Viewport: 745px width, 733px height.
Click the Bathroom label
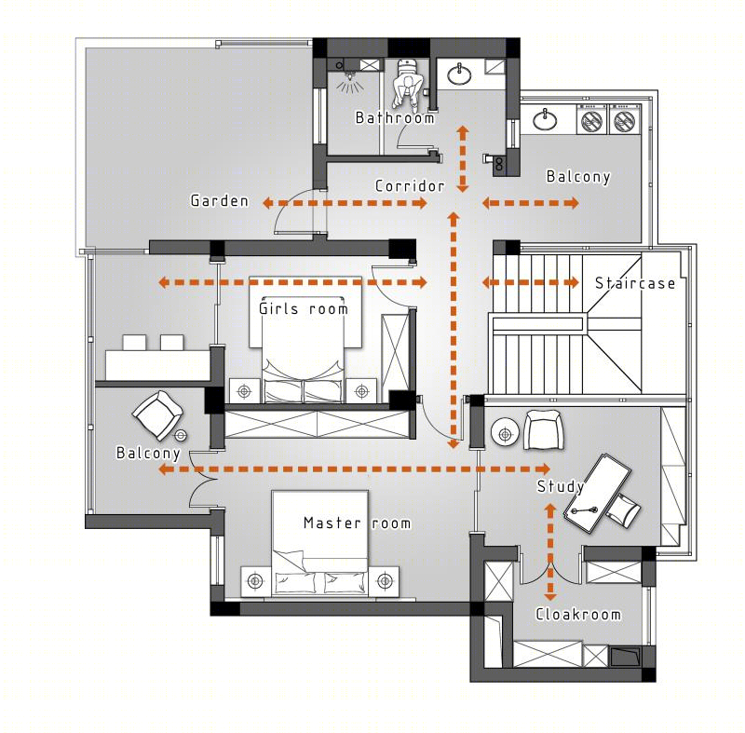pos(395,117)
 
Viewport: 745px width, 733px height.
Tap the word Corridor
pos(410,185)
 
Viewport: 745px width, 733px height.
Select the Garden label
pos(220,201)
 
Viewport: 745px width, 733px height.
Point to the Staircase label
pos(635,283)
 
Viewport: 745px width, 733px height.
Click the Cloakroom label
pos(578,614)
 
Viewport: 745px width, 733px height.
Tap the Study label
pos(561,486)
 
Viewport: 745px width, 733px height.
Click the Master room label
pos(358,523)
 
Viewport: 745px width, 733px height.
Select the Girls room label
pos(304,309)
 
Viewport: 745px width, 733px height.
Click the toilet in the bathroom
pos(407,85)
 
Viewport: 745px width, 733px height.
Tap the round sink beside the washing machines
pos(545,119)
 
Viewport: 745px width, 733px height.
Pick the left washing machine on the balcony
pos(592,119)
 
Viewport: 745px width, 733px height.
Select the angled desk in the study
pos(597,494)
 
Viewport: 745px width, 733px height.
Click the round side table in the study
pos(505,433)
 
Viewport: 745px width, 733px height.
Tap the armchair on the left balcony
pos(157,414)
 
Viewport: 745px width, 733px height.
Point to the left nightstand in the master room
pos(256,581)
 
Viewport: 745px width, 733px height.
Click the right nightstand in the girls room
pos(361,391)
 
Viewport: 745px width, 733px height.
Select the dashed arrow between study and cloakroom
pos(550,552)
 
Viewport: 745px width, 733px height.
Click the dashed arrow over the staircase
pos(530,282)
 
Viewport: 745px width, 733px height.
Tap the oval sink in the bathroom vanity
pos(459,75)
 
